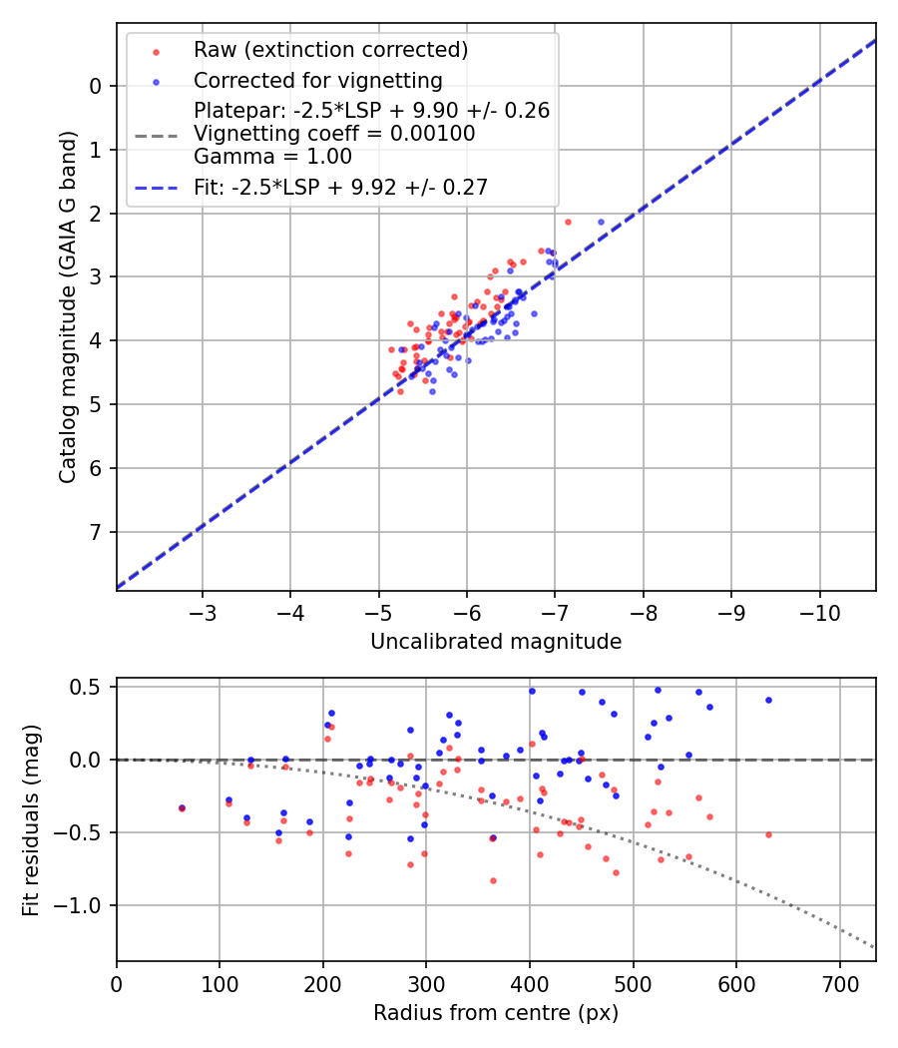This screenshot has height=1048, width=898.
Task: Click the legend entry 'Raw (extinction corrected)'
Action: click(x=330, y=50)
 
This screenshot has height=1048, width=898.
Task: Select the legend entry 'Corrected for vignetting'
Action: click(x=318, y=80)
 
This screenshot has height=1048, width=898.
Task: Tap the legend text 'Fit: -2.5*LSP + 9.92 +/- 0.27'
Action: click(x=340, y=188)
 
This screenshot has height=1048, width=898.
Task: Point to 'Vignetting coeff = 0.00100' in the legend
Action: click(x=334, y=134)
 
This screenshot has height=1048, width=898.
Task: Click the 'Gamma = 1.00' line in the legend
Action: click(x=272, y=157)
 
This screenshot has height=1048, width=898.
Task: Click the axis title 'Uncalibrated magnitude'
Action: click(x=496, y=642)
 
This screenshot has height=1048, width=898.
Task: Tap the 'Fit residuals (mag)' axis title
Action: click(x=31, y=819)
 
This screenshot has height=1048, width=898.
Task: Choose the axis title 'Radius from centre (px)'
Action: click(x=496, y=1013)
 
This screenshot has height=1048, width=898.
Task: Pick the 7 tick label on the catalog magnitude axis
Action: click(x=97, y=532)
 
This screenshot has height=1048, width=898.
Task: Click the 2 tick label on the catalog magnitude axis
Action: click(x=97, y=214)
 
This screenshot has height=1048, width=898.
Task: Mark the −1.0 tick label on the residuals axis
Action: click(x=83, y=905)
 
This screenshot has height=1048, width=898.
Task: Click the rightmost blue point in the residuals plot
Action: click(x=768, y=700)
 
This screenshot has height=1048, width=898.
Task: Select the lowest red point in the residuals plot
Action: click(x=493, y=880)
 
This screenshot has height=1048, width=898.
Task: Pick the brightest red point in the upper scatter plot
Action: click(x=568, y=222)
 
